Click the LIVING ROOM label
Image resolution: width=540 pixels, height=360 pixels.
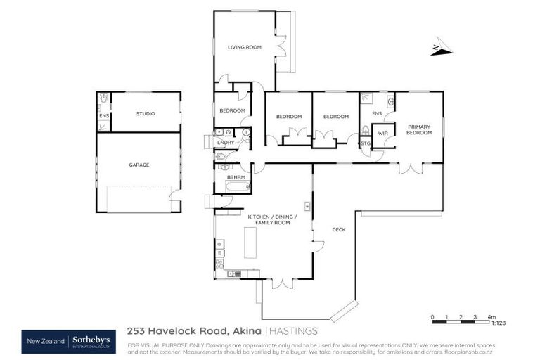coord(244,47)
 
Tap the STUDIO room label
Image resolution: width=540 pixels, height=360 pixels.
coord(146,113)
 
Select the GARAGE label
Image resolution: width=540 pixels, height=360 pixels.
coord(139,165)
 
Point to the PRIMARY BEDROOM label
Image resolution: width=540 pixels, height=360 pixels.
coord(419,129)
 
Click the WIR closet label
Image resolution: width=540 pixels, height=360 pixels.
coord(383,133)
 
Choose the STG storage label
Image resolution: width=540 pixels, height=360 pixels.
coord(365,143)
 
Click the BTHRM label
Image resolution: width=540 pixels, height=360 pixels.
coord(236,177)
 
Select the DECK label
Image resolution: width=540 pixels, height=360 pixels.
coord(339,229)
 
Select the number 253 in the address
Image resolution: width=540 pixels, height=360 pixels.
coord(137,330)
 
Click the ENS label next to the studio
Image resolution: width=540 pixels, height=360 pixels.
coord(103,115)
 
